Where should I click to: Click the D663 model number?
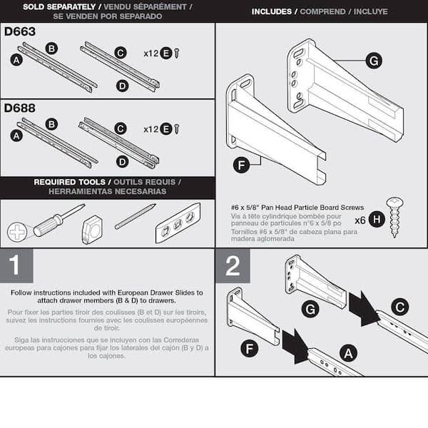(x=20, y=32)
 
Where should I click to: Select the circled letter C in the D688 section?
(x=121, y=128)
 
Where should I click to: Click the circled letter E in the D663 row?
(x=165, y=53)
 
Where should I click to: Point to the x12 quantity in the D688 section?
(x=151, y=129)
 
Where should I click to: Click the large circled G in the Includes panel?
(x=373, y=61)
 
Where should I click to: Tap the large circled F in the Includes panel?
(x=243, y=166)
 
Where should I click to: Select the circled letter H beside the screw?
(x=377, y=220)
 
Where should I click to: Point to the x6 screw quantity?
(x=361, y=220)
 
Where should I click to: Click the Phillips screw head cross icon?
(x=17, y=231)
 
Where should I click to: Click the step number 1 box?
(x=16, y=266)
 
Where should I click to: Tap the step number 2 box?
(x=233, y=266)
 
